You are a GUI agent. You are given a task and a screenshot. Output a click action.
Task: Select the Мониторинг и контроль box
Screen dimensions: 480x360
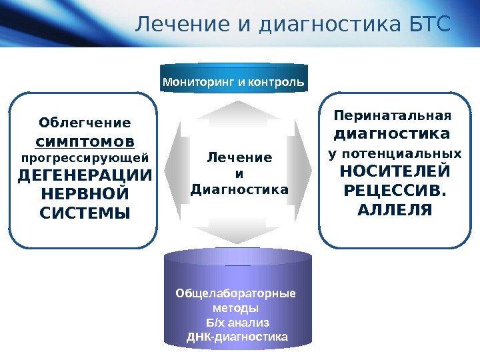coord(233,83)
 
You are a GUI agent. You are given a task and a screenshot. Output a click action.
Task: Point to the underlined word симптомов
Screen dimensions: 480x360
coord(84,141)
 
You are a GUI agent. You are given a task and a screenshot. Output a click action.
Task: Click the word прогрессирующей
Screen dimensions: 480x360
coord(85,158)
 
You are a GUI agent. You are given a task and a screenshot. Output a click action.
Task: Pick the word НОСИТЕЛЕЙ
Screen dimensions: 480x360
coord(395,171)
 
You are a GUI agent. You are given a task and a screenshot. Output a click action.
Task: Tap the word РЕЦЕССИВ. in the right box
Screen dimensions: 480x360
coord(395,191)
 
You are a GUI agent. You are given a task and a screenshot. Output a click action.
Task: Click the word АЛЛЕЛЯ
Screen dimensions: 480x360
coord(395,210)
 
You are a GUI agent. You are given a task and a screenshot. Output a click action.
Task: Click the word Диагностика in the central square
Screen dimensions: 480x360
coord(239,189)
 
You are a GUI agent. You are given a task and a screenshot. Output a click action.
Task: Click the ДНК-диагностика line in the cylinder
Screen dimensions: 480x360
coord(237,337)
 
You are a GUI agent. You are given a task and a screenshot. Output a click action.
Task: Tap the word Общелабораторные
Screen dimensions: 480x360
coord(235,294)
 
